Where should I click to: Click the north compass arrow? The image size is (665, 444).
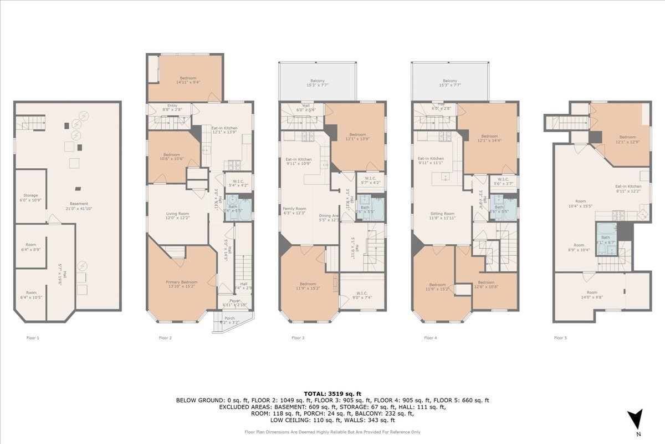[x=638, y=417]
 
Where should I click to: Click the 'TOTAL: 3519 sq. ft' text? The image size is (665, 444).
[x=332, y=393]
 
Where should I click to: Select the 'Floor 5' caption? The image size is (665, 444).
[x=561, y=337]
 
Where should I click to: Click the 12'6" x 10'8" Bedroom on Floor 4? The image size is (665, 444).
[x=485, y=285]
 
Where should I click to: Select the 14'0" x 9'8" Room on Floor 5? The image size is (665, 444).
[x=592, y=295]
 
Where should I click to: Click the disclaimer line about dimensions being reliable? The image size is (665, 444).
[x=332, y=432]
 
